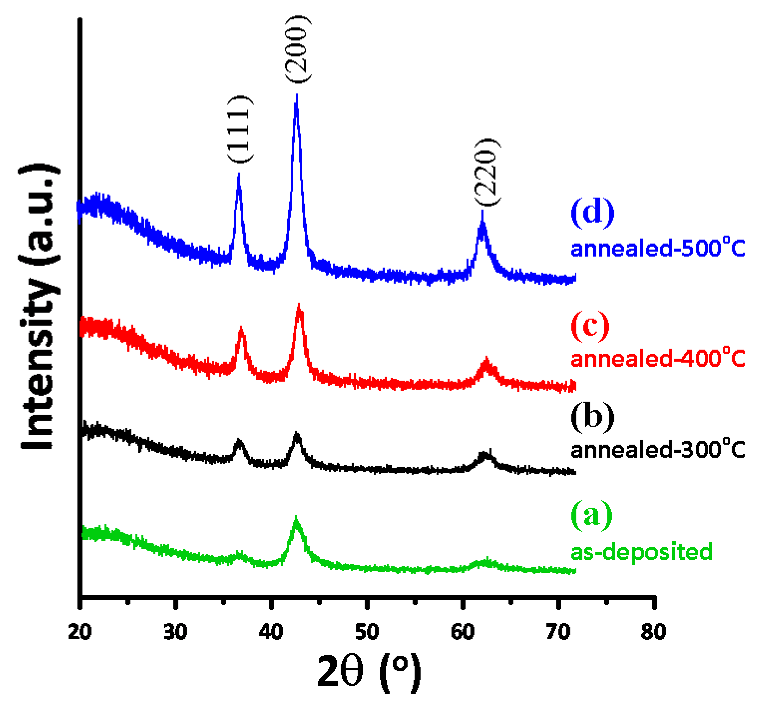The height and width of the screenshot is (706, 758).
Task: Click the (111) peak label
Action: point(241,129)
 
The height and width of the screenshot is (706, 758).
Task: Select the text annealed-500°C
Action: point(658,248)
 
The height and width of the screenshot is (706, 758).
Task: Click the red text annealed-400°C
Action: point(658,359)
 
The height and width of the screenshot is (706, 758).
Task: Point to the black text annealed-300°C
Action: point(658,450)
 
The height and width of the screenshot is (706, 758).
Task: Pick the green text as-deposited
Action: point(641,552)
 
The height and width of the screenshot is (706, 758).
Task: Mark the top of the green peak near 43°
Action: point(296,517)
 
